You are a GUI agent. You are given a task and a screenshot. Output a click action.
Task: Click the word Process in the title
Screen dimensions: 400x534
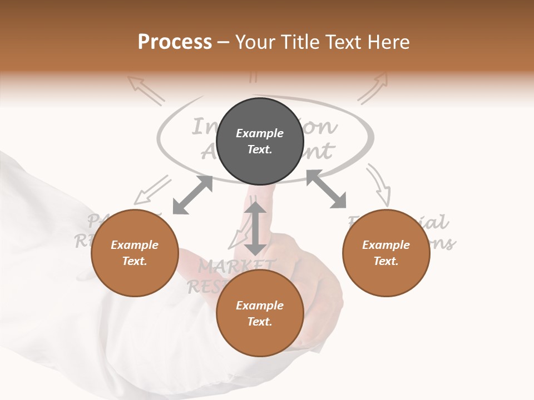(175, 42)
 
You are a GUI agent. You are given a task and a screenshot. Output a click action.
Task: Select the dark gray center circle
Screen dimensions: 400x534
(260, 141)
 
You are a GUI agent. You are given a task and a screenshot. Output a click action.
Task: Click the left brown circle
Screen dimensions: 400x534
(135, 253)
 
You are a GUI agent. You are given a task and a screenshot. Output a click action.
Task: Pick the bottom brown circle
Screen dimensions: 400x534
(260, 313)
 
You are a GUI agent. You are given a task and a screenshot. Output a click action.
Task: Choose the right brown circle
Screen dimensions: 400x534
(386, 253)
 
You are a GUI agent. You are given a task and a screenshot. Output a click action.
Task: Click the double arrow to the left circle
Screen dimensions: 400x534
(192, 195)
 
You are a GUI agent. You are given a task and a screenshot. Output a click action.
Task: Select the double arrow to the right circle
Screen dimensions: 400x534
(326, 189)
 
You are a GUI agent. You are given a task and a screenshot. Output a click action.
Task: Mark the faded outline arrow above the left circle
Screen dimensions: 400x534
(152, 189)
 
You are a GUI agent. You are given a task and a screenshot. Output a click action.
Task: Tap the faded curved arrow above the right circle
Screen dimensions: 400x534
(379, 184)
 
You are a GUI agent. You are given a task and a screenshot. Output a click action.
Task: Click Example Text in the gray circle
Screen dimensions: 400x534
(260, 141)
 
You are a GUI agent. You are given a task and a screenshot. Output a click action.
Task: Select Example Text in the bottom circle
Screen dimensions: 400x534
(260, 313)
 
